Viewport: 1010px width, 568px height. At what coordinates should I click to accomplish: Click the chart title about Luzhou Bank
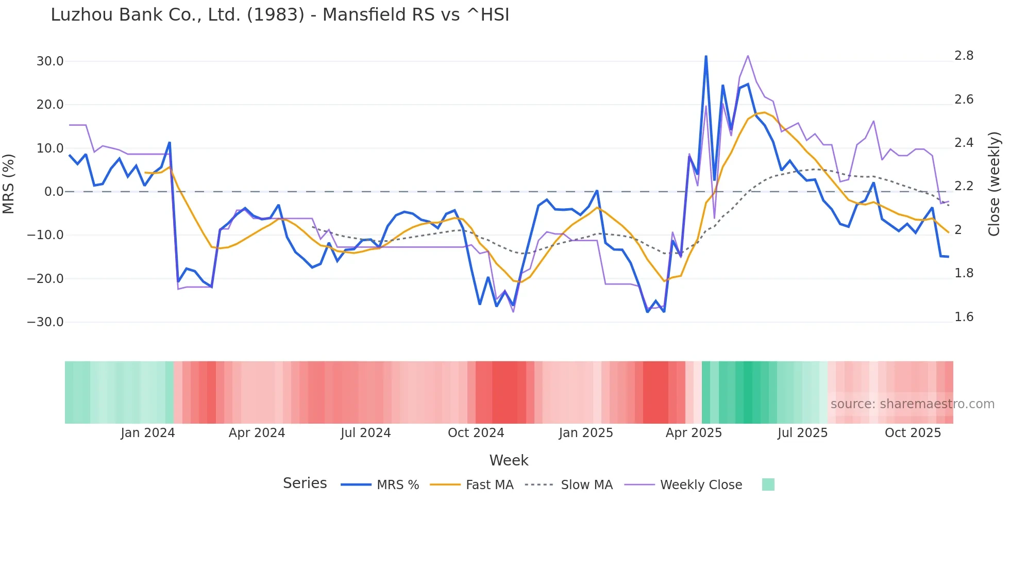(280, 14)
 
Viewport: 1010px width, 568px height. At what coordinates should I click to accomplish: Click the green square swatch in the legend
(768, 485)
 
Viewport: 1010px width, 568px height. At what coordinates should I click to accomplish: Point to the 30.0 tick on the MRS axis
(50, 61)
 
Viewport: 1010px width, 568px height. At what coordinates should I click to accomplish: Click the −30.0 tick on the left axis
(45, 322)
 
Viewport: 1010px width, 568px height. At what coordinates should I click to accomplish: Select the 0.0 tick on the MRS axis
(54, 192)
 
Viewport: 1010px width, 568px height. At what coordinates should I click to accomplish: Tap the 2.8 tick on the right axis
(964, 56)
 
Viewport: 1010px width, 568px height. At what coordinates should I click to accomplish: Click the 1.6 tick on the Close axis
(964, 317)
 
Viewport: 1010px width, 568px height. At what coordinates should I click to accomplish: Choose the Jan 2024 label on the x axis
(148, 433)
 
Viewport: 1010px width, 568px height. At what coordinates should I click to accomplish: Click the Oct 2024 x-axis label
(476, 433)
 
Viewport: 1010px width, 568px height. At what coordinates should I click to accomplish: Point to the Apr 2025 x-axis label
(694, 433)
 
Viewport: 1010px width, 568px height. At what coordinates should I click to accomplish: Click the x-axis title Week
(509, 460)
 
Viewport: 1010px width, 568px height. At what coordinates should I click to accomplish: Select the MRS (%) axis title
(8, 183)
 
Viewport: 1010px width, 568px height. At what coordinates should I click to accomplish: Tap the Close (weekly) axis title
(994, 183)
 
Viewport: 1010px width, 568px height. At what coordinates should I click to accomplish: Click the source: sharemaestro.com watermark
(912, 404)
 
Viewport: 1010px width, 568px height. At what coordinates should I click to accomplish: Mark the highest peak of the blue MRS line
(706, 56)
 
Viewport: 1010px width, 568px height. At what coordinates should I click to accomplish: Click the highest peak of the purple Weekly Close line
(748, 56)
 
